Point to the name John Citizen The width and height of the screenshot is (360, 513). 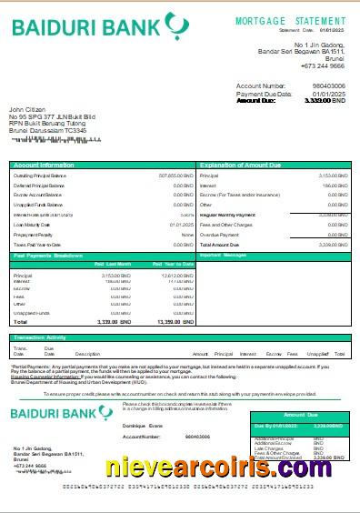[x=26, y=110]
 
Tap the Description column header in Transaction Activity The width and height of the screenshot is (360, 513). [x=87, y=353]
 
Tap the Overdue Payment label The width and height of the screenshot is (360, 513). [x=218, y=234]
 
